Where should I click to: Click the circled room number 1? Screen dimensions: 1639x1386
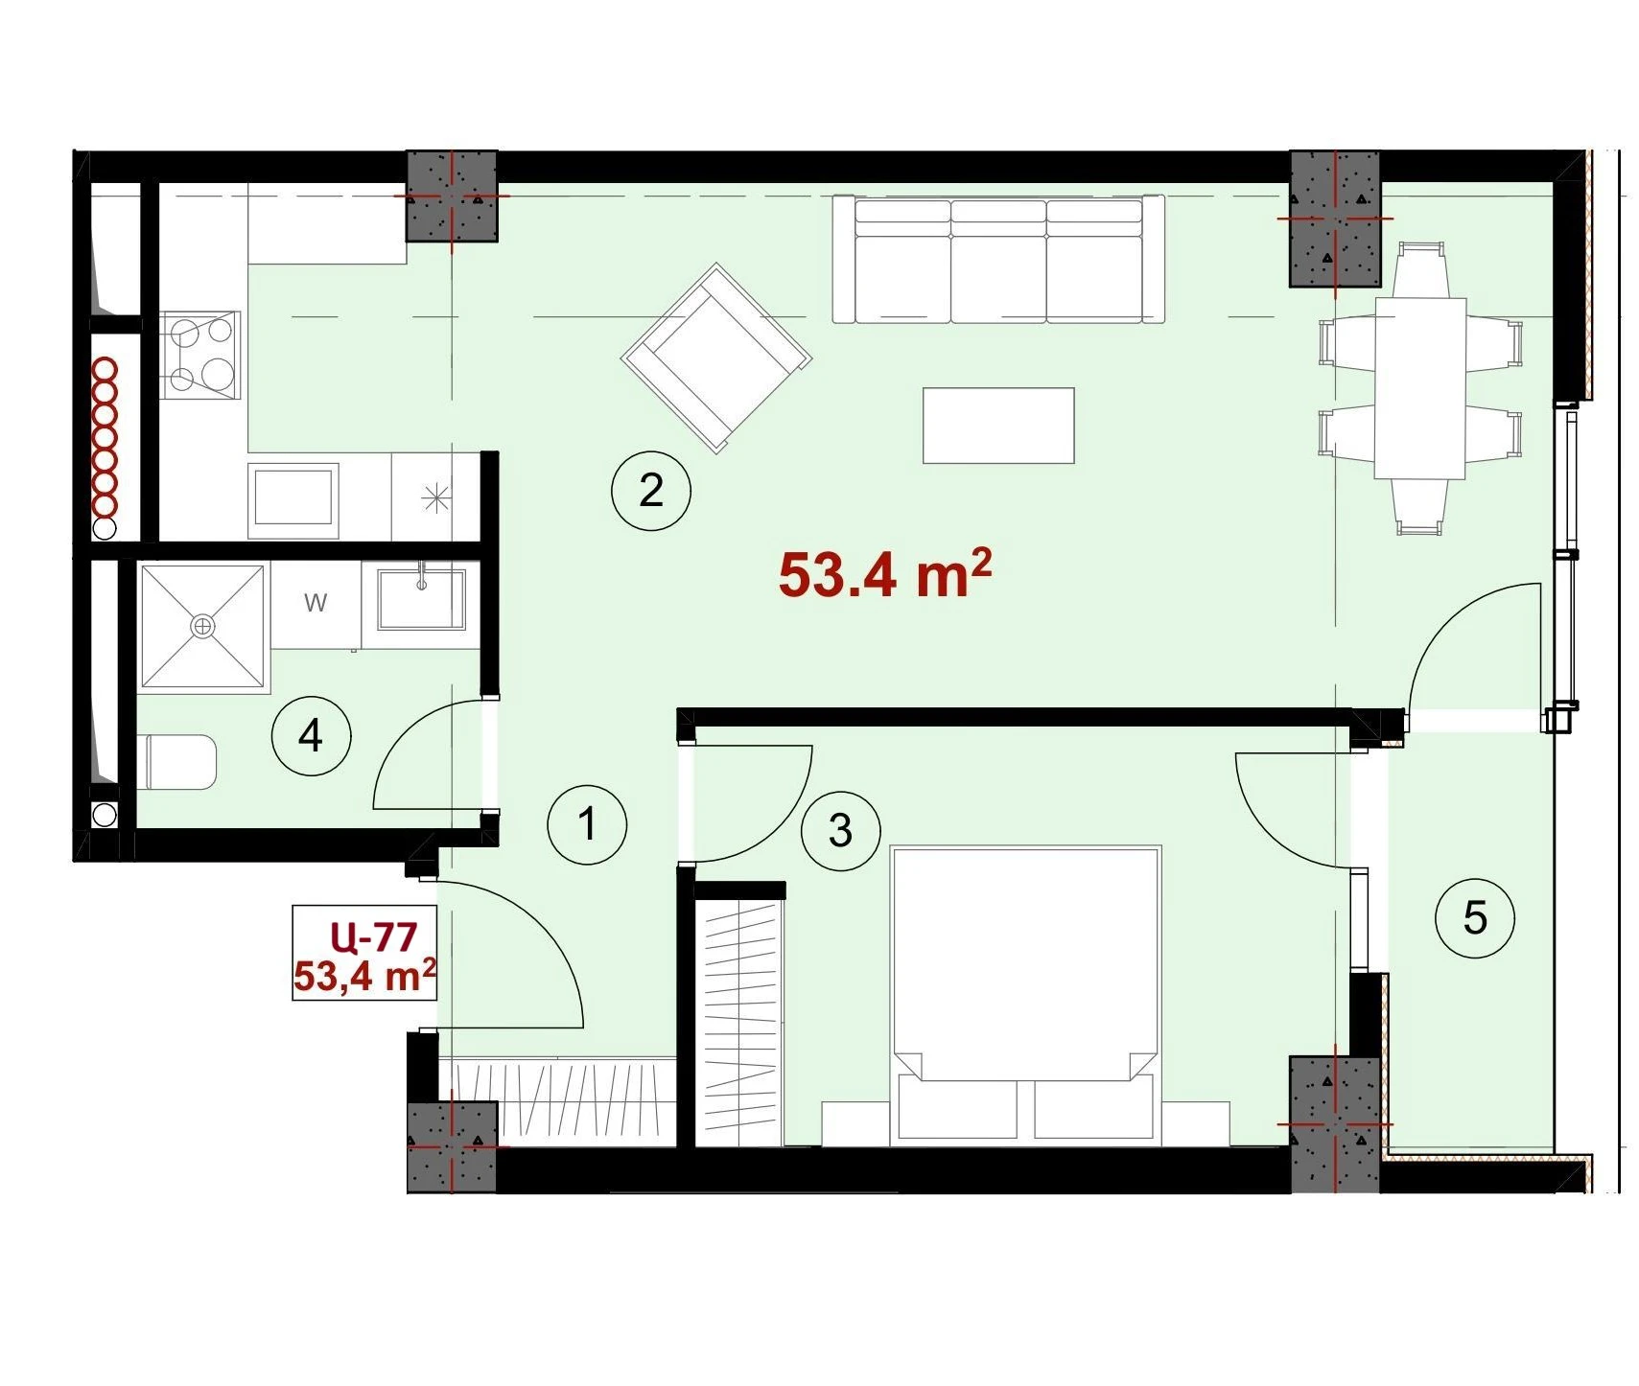(587, 824)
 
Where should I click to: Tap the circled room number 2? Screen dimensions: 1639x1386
(651, 491)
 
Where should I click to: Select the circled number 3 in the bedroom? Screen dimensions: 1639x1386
(840, 830)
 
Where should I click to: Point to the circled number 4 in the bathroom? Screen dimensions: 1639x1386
(311, 736)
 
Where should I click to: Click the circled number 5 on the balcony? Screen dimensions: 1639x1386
(1475, 918)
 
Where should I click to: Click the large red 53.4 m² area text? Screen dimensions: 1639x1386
(884, 573)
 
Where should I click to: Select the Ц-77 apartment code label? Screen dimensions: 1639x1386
(373, 936)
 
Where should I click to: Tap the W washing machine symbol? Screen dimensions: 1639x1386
(316, 603)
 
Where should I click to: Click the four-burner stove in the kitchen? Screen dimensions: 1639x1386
(200, 355)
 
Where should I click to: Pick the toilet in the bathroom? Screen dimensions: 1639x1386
(178, 762)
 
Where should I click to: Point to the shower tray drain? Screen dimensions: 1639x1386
(202, 627)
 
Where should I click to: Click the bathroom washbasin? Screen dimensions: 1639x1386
(421, 599)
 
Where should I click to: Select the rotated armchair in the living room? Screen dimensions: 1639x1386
(716, 358)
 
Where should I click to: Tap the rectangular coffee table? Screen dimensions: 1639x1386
(998, 426)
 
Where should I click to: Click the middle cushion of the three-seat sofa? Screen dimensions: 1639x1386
(998, 262)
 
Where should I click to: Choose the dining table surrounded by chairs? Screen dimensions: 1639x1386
(1420, 388)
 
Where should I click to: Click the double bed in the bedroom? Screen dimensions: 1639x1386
(1025, 995)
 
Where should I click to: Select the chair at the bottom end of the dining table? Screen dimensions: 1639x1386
(1420, 506)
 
